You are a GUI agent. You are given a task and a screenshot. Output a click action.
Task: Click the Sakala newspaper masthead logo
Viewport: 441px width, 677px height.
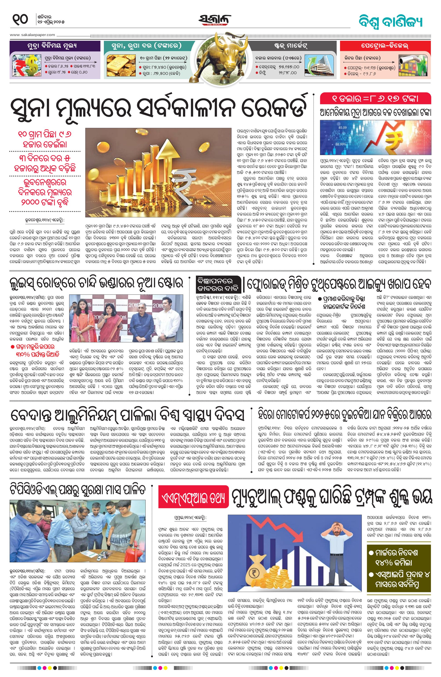coord(215,20)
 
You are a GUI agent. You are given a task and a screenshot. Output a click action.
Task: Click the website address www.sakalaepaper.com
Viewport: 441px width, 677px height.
coord(33,35)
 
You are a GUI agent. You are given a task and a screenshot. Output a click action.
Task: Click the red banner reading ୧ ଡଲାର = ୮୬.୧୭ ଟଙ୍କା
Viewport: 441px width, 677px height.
coord(375,98)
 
